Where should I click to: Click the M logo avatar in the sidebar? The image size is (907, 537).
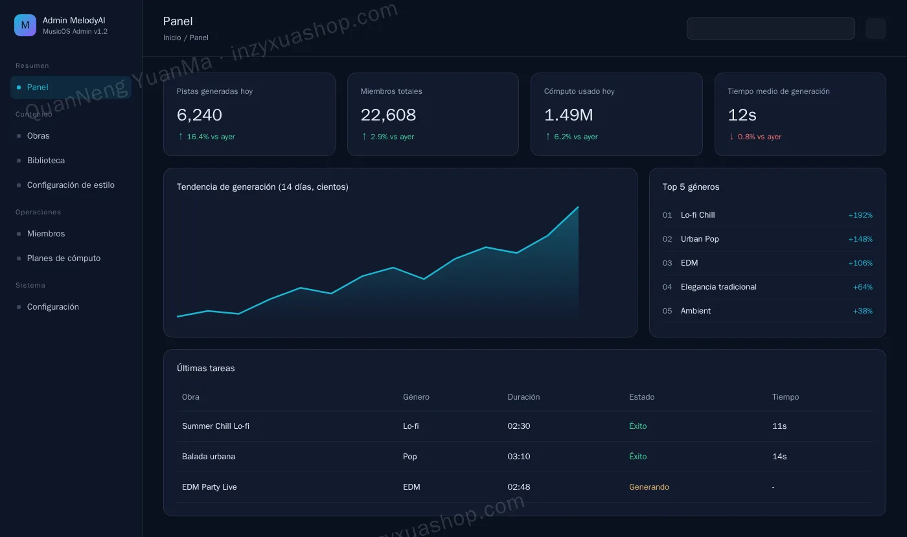click(x=25, y=25)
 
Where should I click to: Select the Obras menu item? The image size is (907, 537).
click(x=38, y=135)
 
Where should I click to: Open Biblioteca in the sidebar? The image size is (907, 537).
click(x=46, y=161)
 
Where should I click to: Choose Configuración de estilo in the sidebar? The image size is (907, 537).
click(x=71, y=185)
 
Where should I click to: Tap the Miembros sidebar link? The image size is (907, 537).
click(x=46, y=234)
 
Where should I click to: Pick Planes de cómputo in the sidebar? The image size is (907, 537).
click(x=63, y=258)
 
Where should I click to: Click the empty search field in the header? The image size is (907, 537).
click(x=770, y=29)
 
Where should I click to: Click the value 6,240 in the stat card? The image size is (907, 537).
click(x=200, y=115)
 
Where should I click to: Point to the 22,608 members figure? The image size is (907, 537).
click(x=388, y=115)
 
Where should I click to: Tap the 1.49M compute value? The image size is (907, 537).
click(x=569, y=115)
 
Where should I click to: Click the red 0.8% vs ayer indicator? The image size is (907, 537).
click(x=755, y=137)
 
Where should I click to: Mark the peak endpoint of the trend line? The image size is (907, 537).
click(x=578, y=207)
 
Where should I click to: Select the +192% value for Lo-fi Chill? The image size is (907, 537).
click(x=860, y=215)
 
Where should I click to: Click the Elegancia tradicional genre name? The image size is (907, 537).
click(x=718, y=287)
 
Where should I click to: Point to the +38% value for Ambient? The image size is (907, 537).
click(x=862, y=311)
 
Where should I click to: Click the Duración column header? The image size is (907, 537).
click(x=523, y=397)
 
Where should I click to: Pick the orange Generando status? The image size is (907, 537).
click(x=649, y=486)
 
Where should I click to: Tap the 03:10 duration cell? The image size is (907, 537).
click(x=519, y=457)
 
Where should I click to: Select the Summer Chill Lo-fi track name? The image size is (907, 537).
click(x=215, y=426)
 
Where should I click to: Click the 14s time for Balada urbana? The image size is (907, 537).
click(x=779, y=457)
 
